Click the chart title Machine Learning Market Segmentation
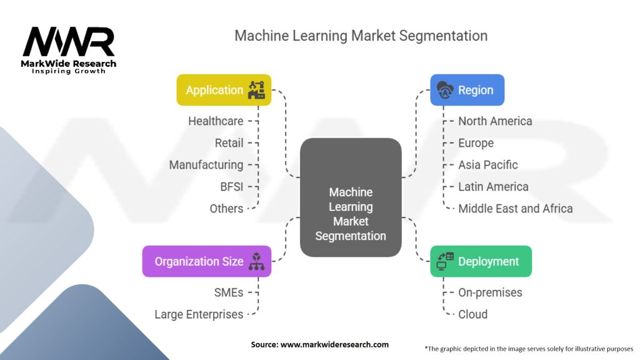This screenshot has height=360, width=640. (x=361, y=35)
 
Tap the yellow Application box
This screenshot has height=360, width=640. (x=224, y=90)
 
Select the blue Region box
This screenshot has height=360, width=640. (x=467, y=90)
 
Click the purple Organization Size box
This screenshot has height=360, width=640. (x=207, y=261)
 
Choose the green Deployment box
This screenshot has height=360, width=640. (x=481, y=261)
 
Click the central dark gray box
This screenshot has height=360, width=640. (x=351, y=197)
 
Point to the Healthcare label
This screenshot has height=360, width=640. (x=216, y=121)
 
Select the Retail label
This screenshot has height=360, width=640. (x=229, y=143)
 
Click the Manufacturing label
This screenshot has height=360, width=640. (x=206, y=165)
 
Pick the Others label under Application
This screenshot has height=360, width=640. (x=226, y=209)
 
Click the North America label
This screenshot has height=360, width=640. (x=495, y=121)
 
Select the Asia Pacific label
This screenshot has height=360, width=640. (x=488, y=165)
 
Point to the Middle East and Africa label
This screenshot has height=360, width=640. (x=516, y=209)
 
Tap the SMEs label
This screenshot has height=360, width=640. (x=229, y=292)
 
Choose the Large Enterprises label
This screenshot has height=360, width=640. (x=199, y=314)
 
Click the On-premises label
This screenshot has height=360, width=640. (x=490, y=292)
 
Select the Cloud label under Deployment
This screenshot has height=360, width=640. (x=473, y=314)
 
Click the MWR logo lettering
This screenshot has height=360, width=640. (x=69, y=42)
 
